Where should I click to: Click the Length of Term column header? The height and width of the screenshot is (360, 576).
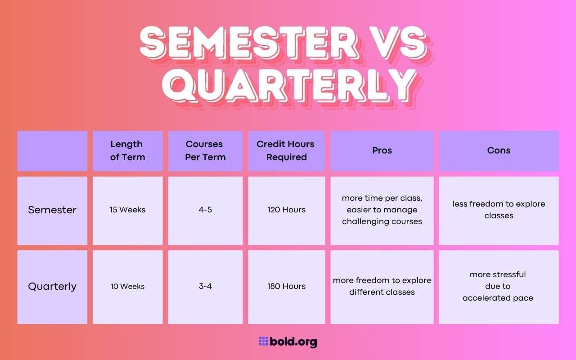pos(127,151)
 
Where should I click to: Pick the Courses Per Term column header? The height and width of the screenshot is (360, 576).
pos(205,151)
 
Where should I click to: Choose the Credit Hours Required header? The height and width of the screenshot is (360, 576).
pos(286,151)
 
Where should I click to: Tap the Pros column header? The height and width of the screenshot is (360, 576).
pos(382,151)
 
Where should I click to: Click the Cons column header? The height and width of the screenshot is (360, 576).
pos(499,151)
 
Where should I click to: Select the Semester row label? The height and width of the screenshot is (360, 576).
pos(52,210)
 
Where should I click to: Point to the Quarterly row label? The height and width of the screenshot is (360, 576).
pos(52,287)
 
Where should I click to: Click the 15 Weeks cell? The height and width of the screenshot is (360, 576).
pos(127,210)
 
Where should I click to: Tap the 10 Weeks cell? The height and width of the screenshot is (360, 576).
pos(127,287)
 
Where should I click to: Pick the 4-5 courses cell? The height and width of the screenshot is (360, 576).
pos(205,210)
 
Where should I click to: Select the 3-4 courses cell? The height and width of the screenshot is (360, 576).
pos(205,287)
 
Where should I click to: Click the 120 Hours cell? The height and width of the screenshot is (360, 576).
pos(286,210)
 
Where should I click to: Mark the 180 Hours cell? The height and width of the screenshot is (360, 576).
pos(286,287)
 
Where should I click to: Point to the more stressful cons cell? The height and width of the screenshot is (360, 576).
pos(498,286)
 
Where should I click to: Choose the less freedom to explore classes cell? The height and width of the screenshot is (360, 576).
pos(499,210)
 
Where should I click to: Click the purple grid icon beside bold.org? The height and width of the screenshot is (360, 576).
pos(263,342)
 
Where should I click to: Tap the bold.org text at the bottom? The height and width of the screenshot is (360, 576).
pos(293,342)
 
